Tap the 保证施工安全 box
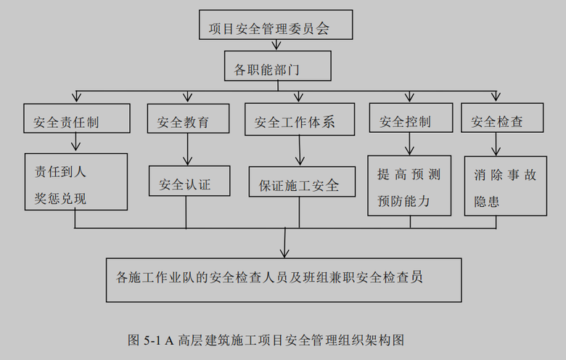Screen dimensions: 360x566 299,185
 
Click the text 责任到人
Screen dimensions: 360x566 60,173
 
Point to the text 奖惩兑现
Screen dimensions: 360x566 60,198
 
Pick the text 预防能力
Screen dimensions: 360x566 404,201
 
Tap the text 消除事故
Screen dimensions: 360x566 506,175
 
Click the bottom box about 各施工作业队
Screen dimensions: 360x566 283,279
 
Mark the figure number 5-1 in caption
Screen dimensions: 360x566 155,339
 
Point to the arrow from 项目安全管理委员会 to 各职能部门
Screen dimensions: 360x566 276,45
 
